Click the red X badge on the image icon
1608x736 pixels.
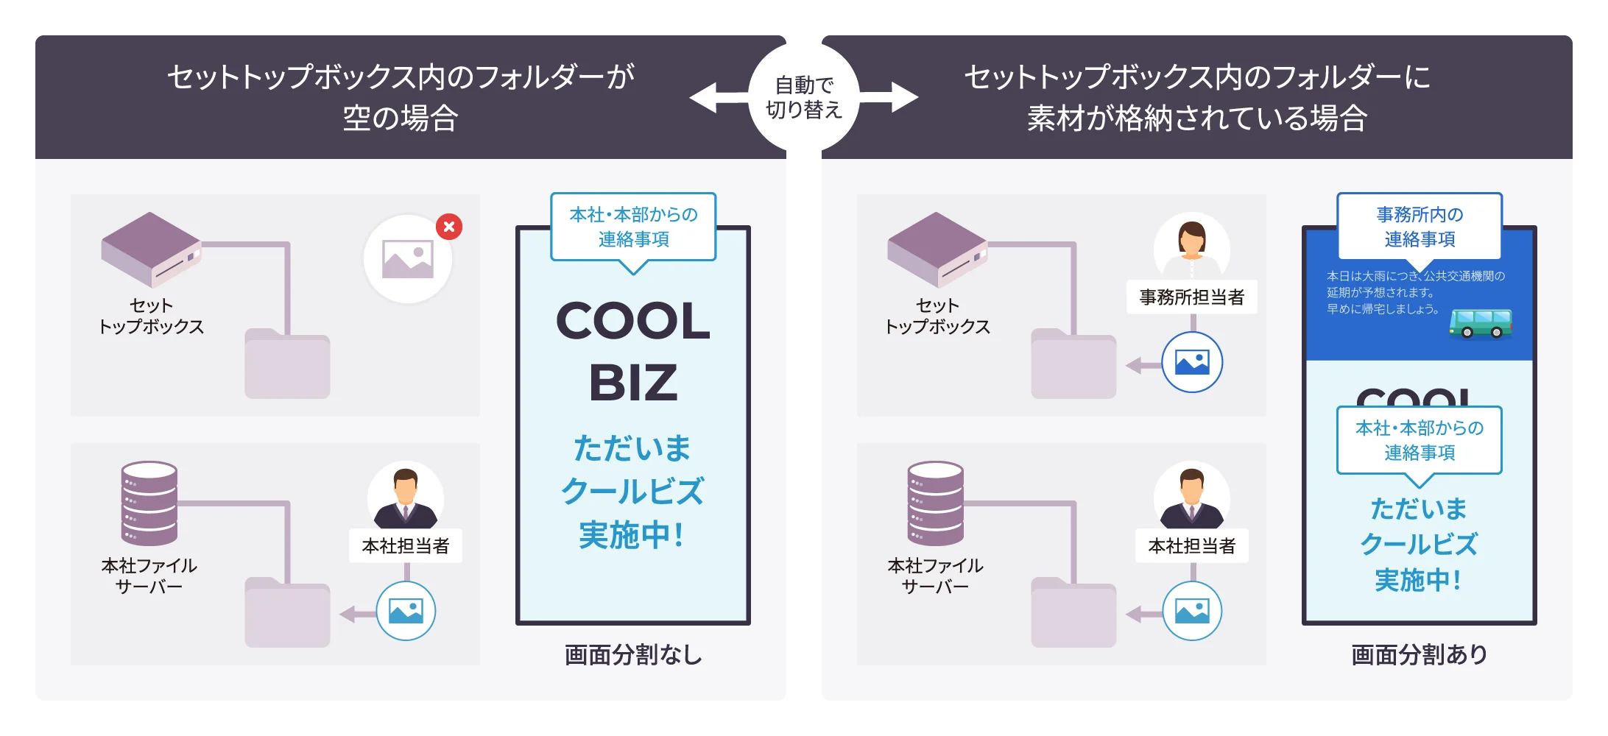click(449, 227)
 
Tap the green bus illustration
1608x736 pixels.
click(1481, 323)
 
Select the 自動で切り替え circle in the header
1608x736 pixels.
click(804, 97)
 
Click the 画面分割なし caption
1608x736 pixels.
click(633, 654)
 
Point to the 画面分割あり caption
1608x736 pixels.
click(1419, 654)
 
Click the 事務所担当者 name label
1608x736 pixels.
click(1191, 297)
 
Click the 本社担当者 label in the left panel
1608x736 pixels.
click(406, 546)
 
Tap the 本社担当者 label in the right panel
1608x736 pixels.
click(1191, 546)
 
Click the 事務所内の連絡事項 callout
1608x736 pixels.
click(1419, 227)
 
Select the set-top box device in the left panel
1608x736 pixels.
click(151, 249)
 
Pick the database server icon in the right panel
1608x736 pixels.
click(935, 503)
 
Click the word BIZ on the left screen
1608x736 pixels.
click(633, 383)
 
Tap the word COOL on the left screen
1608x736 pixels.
click(633, 322)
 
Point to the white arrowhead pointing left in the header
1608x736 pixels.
click(704, 97)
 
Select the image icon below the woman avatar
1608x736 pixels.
click(1192, 363)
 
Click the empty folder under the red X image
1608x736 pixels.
click(287, 364)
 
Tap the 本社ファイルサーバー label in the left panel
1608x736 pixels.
click(149, 576)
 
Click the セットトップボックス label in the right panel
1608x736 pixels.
click(937, 316)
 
